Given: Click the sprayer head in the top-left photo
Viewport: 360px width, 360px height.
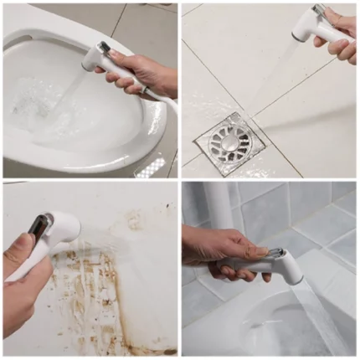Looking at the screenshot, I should point(97,57).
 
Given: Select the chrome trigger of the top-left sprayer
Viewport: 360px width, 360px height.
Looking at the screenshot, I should point(104,48).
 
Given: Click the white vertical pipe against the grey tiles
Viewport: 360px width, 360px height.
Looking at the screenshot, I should point(219,209).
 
